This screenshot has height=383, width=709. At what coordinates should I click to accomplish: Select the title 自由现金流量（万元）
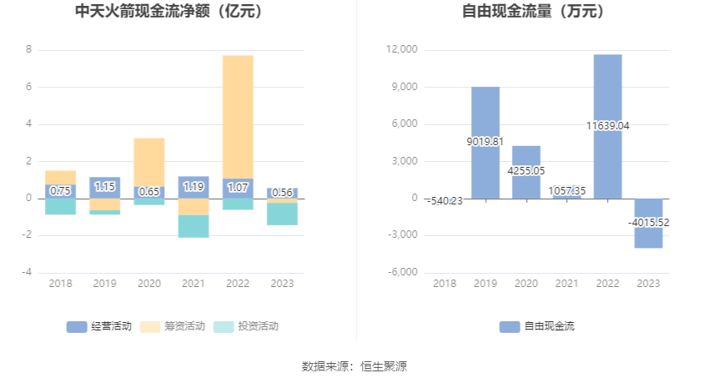533,12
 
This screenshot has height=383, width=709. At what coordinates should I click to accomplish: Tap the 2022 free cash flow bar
607,92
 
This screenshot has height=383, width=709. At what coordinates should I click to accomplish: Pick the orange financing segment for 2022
238,116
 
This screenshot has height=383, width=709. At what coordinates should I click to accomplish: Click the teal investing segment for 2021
194,226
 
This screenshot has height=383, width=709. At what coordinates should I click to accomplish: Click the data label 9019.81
485,142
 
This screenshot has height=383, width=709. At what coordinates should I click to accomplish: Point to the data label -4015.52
648,223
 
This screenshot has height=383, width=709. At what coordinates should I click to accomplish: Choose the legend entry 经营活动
99,326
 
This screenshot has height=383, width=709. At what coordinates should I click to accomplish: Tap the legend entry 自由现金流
537,326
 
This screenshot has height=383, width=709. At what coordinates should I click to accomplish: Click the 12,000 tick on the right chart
402,50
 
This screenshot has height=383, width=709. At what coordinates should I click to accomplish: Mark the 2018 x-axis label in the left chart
60,284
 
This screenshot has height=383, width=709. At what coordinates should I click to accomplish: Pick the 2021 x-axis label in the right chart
566,284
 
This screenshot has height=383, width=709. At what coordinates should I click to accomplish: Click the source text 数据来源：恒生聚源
354,365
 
